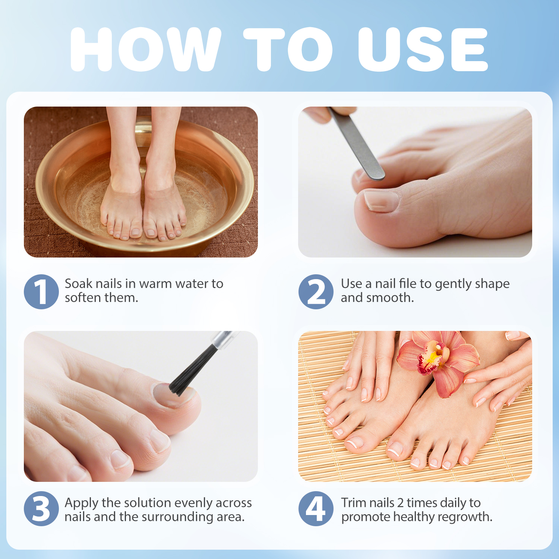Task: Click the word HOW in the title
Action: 145,49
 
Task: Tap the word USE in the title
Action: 423,49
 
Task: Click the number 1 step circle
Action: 41,291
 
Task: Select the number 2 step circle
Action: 316,291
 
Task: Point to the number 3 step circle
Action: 41,509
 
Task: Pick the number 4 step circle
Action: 316,509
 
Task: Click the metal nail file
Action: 356,143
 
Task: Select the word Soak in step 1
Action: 78,284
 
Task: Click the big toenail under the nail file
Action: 381,200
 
